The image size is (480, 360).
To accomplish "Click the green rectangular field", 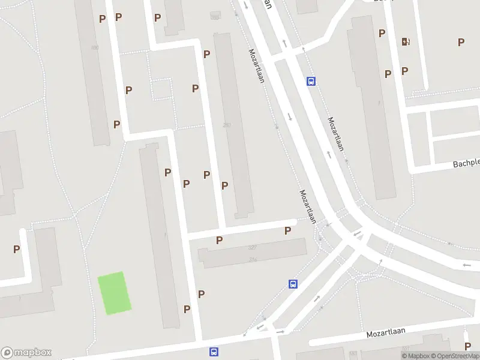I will point(115,293).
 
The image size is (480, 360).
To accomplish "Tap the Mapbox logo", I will point(26,353).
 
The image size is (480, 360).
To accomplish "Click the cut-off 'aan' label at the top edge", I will point(268,4).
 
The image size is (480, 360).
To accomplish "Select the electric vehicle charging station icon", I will point(406,41).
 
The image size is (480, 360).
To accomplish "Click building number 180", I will point(94,48).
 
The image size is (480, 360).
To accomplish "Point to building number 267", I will point(227,125).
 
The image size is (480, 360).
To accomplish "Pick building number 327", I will point(252,248).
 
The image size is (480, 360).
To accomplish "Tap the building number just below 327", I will point(253,259).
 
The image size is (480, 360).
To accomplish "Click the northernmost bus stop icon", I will point(311,81).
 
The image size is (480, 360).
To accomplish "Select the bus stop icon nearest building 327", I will point(293,284).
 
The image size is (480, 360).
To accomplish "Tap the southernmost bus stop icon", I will point(214,352).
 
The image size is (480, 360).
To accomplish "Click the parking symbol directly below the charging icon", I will point(405,71).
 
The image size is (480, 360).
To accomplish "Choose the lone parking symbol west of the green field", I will point(17,249).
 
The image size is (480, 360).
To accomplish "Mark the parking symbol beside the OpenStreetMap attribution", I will point(467,346).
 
